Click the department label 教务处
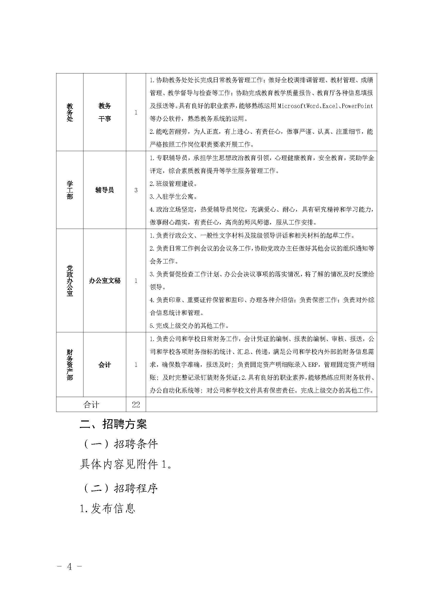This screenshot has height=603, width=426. [70, 112]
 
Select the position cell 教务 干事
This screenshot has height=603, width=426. [105, 112]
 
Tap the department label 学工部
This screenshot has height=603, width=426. [70, 190]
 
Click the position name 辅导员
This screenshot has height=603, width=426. [105, 190]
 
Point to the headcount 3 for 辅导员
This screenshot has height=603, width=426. [136, 190]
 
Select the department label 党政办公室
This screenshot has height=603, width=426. [70, 280]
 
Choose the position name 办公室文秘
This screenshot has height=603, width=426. [105, 281]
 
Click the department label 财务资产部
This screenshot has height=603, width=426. [70, 365]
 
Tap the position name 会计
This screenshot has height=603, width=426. [105, 365]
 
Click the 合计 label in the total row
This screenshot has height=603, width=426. [91, 405]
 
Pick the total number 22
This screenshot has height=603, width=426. [136, 405]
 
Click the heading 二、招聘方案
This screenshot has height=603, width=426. [113, 424]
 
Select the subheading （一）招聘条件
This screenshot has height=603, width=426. [120, 444]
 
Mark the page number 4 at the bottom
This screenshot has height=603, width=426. [69, 574]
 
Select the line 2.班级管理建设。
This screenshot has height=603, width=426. [173, 184]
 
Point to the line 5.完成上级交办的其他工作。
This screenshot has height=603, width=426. [189, 326]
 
